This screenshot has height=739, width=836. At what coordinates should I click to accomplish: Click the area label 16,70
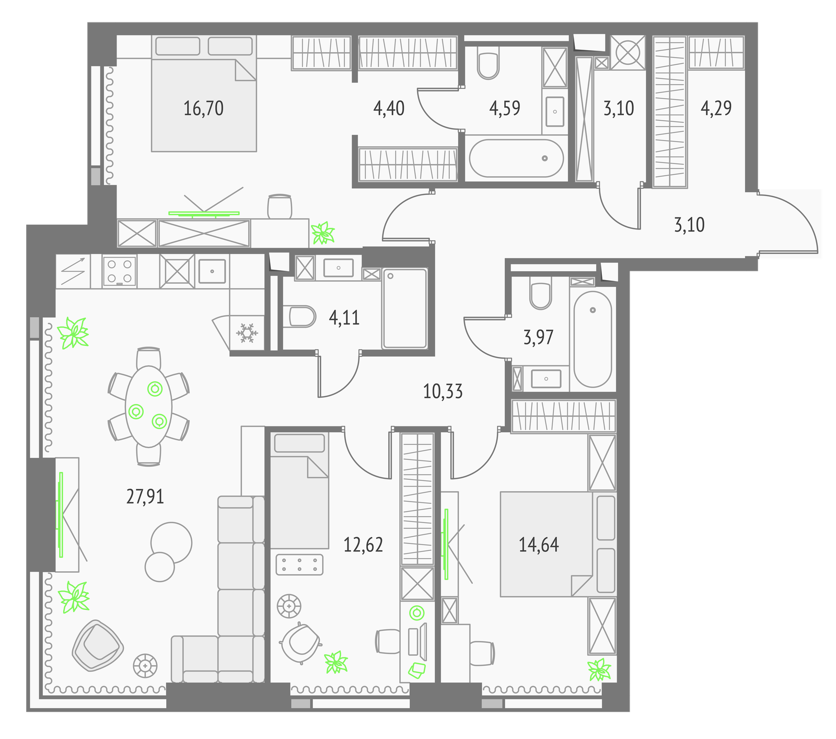point(203,108)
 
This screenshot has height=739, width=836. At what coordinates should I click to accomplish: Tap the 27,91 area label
point(145,496)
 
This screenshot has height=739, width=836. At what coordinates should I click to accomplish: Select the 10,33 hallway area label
point(443,391)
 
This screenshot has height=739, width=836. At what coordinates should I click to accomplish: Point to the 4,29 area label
point(716,108)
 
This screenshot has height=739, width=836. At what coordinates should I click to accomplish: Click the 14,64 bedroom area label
point(539,545)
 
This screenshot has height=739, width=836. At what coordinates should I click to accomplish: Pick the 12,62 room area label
point(363,545)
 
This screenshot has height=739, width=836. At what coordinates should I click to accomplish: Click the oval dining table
point(149,406)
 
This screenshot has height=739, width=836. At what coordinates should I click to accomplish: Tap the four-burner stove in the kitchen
point(120,271)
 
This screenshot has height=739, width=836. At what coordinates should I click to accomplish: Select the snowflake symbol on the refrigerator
point(246,333)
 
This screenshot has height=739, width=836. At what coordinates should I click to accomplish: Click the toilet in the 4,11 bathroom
point(303,316)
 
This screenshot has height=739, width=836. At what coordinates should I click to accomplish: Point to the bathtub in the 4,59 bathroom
point(516,158)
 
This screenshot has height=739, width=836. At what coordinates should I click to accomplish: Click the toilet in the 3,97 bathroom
point(540,293)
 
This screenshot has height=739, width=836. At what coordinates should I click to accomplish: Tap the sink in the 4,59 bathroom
point(555,111)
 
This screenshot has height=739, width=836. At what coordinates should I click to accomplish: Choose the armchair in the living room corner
point(98,645)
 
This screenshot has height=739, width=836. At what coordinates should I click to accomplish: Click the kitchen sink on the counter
point(212,271)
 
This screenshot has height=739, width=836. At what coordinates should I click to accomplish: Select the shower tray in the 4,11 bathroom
point(404,308)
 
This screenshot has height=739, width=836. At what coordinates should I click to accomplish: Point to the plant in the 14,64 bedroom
point(599,669)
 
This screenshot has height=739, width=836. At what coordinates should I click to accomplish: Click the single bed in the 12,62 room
point(299,491)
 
